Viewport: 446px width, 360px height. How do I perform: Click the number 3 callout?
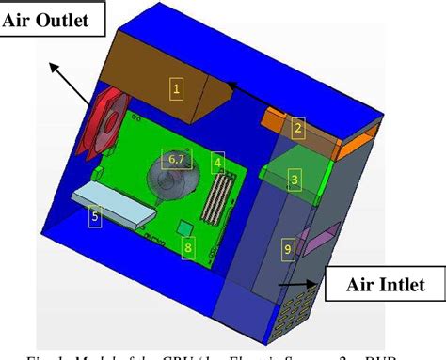[x=294, y=178]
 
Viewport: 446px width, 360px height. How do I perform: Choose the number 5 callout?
[x=94, y=216]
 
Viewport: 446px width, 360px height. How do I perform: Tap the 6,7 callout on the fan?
[x=176, y=157]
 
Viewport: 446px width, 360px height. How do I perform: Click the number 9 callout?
[x=288, y=248]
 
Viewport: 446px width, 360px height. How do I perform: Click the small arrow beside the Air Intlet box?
[x=299, y=282]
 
